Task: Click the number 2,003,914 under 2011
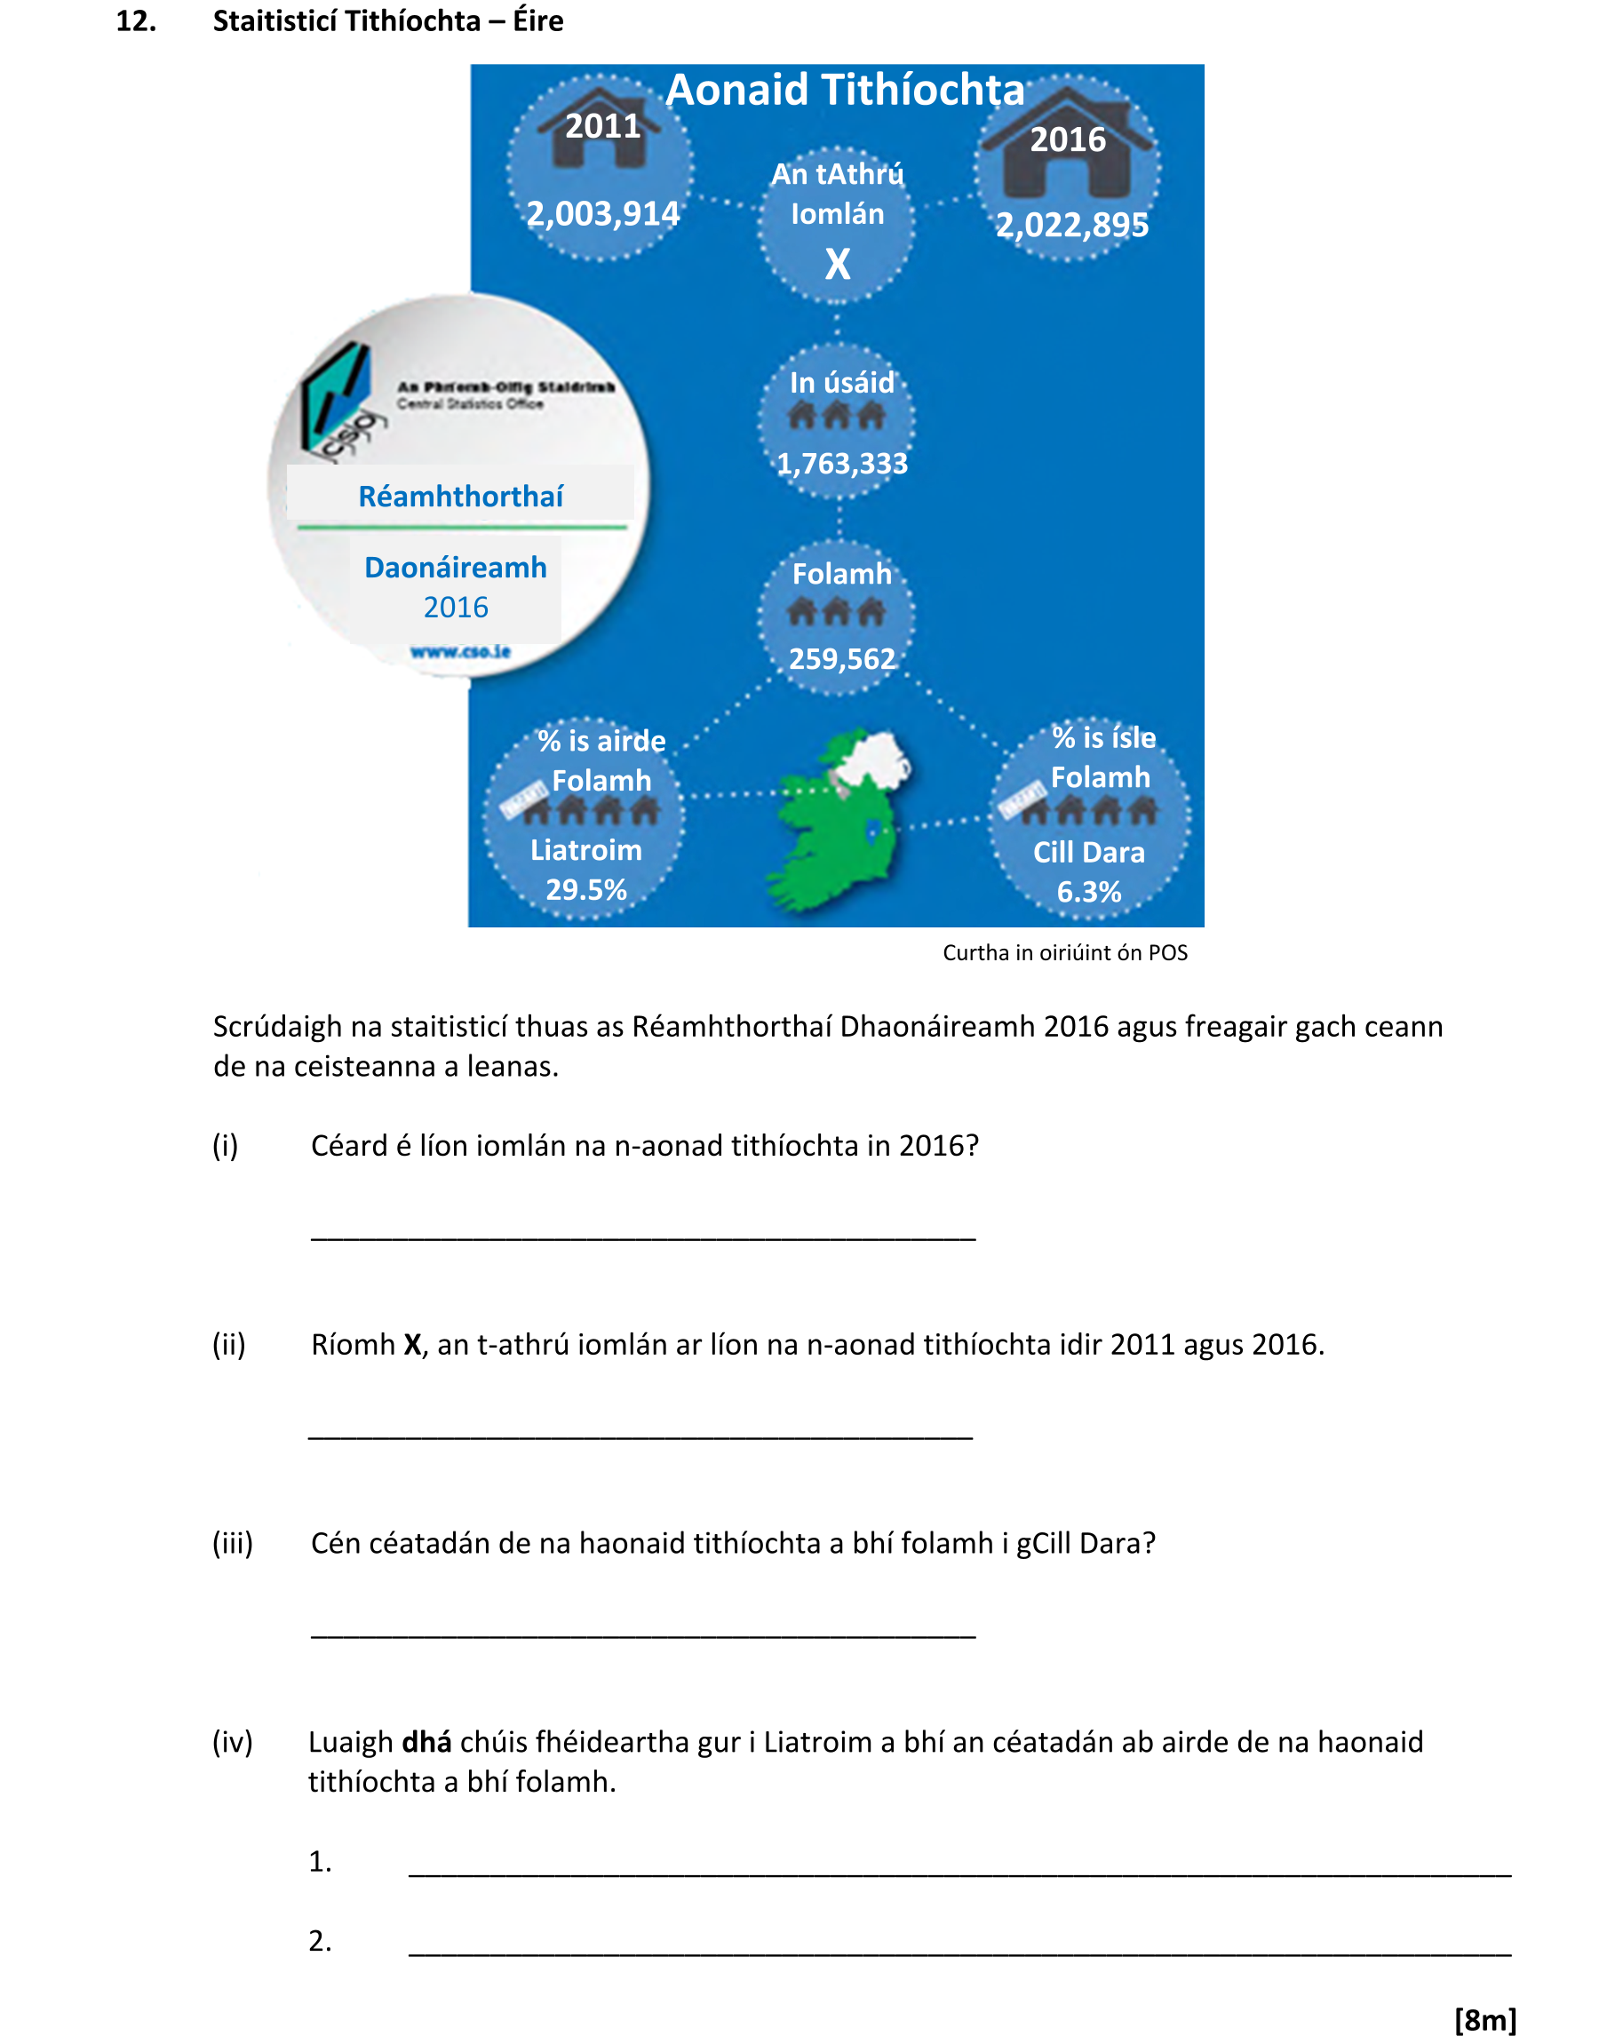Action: [x=602, y=214]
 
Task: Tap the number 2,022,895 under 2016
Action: [x=1072, y=225]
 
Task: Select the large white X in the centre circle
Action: [x=838, y=264]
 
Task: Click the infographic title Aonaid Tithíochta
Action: [x=845, y=90]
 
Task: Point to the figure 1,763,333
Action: [x=841, y=464]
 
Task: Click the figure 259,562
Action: [x=841, y=658]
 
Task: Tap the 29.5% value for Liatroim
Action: [x=586, y=889]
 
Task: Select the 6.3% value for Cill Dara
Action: [x=1088, y=892]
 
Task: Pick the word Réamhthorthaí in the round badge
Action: [x=460, y=497]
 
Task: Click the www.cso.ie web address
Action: [x=460, y=651]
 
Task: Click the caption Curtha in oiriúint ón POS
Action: [x=1065, y=952]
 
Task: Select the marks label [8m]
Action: [x=1484, y=2019]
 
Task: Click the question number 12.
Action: [x=136, y=20]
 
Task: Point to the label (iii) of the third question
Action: [x=233, y=1543]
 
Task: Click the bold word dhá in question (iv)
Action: [x=426, y=1741]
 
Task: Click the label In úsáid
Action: [x=841, y=382]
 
